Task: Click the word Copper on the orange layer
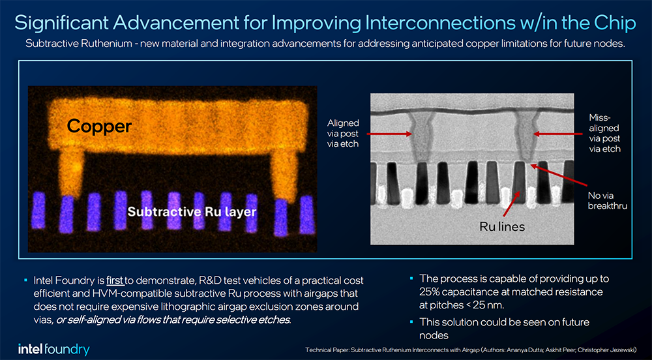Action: (99, 127)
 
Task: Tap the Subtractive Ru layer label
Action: (192, 211)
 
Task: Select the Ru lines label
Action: (502, 226)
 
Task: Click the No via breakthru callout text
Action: (606, 200)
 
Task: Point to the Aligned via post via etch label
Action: (343, 134)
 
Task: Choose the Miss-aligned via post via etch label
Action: (604, 134)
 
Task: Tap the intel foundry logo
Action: (53, 349)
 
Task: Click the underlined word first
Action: (115, 280)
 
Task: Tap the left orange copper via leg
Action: (71, 173)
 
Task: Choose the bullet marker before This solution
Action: (411, 322)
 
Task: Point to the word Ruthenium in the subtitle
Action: (108, 44)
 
